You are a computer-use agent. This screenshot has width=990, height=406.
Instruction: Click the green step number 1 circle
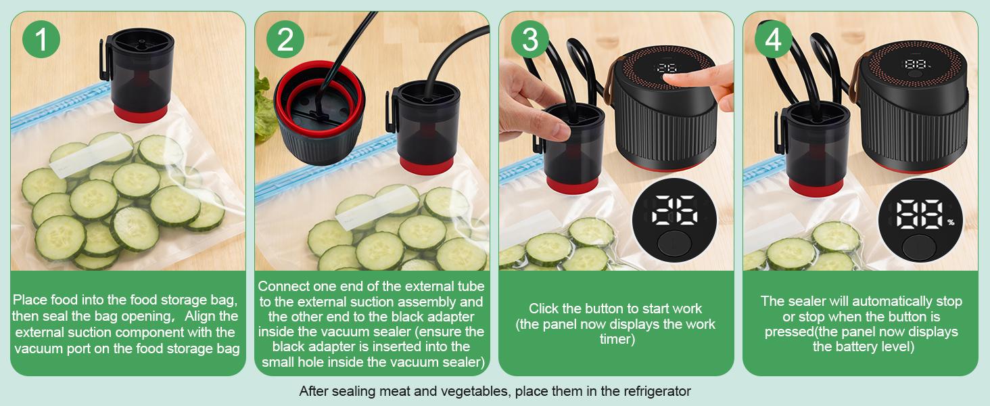point(41,39)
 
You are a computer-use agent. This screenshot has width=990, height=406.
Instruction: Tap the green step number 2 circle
point(285,39)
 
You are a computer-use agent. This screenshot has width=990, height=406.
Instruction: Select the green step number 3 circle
point(529,39)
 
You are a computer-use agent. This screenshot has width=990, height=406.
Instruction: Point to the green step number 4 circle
point(774,39)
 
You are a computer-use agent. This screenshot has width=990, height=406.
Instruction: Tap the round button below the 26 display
point(674,245)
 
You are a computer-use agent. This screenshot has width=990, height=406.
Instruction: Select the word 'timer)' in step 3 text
point(616,339)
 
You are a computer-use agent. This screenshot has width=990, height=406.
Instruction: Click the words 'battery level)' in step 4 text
point(863,347)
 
